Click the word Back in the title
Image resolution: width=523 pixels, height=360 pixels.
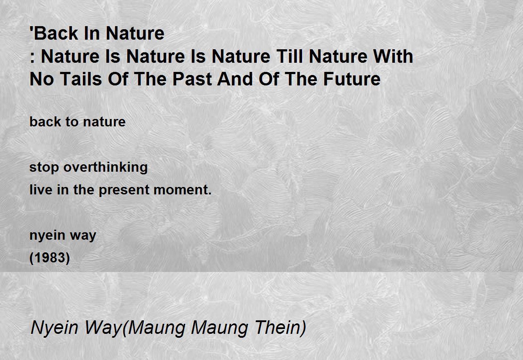coord(56,34)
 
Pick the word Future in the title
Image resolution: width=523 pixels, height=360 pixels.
coord(352,79)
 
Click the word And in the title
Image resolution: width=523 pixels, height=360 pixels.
coord(235,79)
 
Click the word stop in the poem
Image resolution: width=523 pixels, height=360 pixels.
coord(44,168)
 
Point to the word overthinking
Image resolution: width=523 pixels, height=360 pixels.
coord(105,168)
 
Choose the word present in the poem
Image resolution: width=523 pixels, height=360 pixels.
coord(124,190)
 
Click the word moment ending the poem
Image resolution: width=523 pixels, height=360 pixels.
coord(182,190)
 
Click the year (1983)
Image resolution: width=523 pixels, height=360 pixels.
coord(50,258)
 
